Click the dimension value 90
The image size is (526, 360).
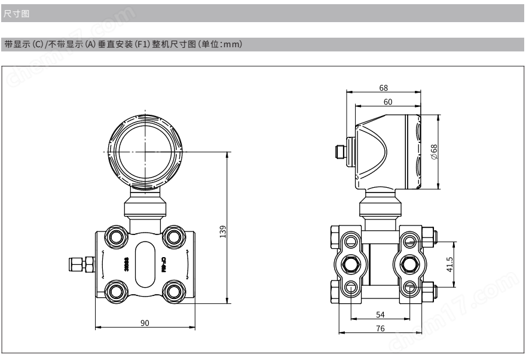click(145, 322)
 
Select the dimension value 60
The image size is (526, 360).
click(388, 102)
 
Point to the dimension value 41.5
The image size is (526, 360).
click(449, 264)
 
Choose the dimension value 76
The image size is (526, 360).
click(380, 328)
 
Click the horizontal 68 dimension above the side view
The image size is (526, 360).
click(383, 88)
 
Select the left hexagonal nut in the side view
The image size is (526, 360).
click(350, 264)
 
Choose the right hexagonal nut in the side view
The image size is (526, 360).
click(409, 264)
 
